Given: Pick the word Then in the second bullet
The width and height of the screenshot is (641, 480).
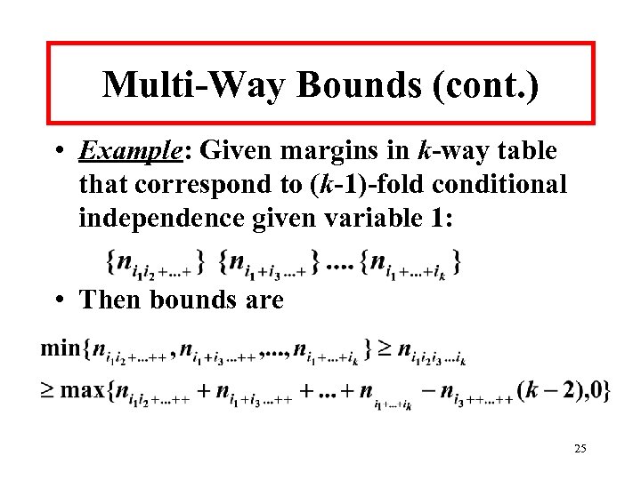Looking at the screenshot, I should click(x=110, y=300).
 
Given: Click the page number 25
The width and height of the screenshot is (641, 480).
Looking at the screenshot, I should click(x=580, y=450).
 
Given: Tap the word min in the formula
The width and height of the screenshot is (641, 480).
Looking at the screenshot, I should click(x=60, y=348).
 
